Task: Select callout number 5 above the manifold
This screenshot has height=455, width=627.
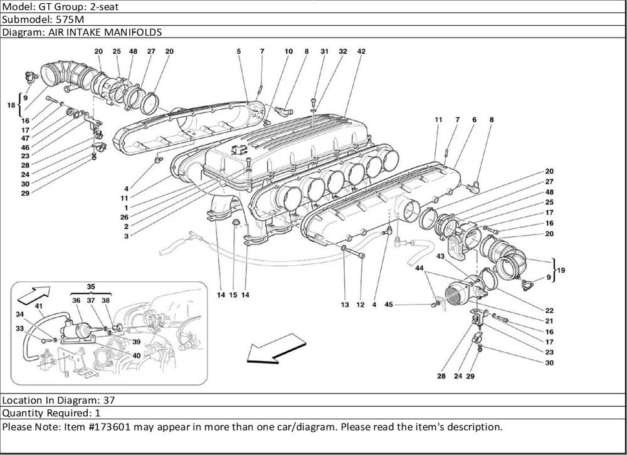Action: click(x=239, y=51)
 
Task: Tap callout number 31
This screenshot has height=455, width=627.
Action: click(x=324, y=51)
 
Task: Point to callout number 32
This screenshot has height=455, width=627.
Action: click(x=343, y=51)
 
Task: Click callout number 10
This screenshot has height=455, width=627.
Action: click(x=288, y=51)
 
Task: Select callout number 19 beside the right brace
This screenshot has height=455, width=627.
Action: click(x=561, y=270)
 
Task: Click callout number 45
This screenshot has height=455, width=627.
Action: click(x=389, y=305)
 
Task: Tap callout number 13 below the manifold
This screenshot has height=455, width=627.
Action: click(x=345, y=305)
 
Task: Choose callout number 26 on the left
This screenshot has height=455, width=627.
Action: click(x=126, y=217)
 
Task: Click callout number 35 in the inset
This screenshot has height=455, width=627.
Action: click(x=92, y=286)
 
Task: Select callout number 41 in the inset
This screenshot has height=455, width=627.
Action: click(x=39, y=306)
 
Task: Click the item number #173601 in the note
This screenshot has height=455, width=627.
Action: click(x=108, y=427)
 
